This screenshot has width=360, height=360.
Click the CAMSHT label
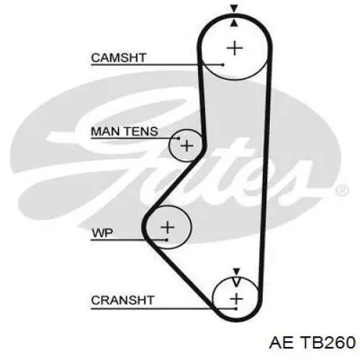(x=119, y=58)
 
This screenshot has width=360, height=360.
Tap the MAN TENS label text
(x=125, y=131)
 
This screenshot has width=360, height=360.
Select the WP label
(x=102, y=233)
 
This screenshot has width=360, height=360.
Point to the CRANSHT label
(x=122, y=300)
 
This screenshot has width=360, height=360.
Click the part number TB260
(x=328, y=342)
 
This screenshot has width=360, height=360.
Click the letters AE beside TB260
(x=282, y=342)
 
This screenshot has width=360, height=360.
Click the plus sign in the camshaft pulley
(x=235, y=48)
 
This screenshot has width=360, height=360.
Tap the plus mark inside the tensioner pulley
(x=186, y=146)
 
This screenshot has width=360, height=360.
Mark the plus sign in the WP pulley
(x=167, y=227)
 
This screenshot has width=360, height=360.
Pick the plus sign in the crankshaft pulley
(x=236, y=299)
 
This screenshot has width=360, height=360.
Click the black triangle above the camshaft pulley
(x=234, y=8)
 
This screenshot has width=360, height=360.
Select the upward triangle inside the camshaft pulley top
(x=235, y=23)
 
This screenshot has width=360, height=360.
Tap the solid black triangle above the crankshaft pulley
(x=237, y=271)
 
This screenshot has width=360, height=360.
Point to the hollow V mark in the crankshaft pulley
(x=236, y=282)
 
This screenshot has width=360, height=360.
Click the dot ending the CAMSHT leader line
(x=222, y=65)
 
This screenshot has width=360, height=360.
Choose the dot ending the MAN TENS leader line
(x=178, y=138)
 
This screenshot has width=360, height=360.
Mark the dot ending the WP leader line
(x=166, y=240)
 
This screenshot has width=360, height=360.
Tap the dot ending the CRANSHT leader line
(x=236, y=309)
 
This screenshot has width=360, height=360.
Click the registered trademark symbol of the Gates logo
(x=342, y=191)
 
